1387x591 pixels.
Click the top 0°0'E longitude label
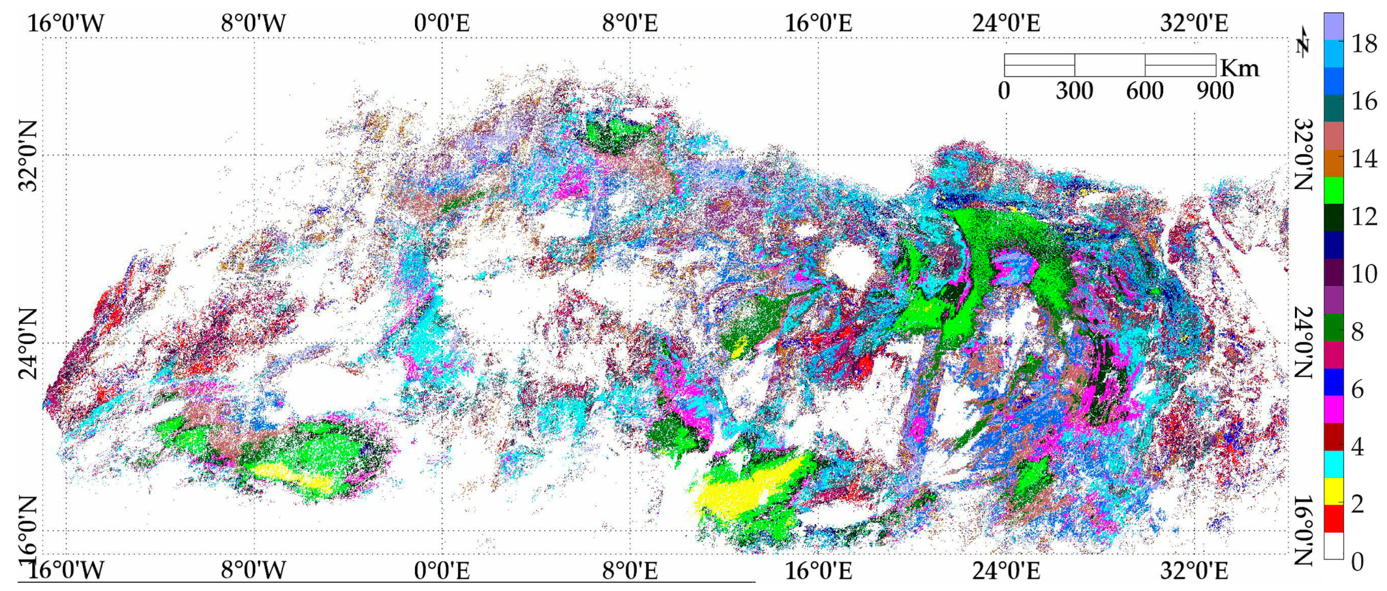coord(441,23)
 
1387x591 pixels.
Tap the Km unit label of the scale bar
coord(1240,69)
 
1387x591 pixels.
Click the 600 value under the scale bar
coord(1145,91)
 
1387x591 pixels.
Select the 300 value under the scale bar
coord(1074,91)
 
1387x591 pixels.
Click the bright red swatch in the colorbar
coord(1333,518)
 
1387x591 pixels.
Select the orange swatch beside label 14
coord(1333,163)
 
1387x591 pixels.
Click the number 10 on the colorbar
coord(1364,274)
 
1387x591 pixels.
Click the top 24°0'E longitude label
coord(1006,23)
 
